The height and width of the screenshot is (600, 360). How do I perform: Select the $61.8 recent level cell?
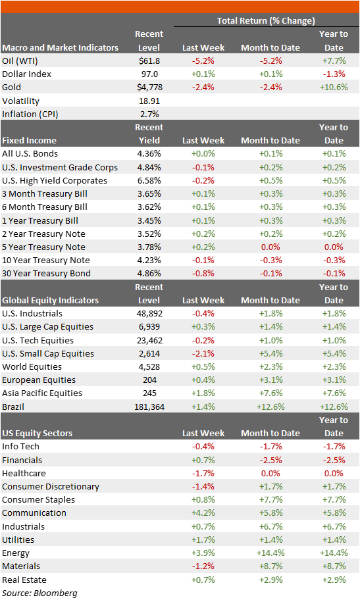(149, 61)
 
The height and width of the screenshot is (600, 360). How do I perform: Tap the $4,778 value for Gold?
(149, 87)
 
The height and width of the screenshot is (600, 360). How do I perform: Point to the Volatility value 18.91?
(149, 101)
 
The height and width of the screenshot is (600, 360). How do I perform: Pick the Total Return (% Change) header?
(266, 21)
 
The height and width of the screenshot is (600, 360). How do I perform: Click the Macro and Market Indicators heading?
(61, 47)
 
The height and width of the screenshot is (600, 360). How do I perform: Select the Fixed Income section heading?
(30, 140)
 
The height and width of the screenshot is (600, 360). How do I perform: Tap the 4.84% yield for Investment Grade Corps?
(149, 167)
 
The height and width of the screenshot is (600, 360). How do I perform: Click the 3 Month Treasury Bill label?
(45, 193)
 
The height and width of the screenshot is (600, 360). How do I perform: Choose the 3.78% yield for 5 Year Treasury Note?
(149, 247)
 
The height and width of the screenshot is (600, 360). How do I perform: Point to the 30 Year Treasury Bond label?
(47, 273)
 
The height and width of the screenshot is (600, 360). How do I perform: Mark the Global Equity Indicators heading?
(50, 300)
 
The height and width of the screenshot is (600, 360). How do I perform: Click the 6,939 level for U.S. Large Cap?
(149, 326)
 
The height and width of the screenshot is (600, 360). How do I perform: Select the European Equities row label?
(39, 380)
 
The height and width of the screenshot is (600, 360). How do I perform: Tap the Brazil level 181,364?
(149, 407)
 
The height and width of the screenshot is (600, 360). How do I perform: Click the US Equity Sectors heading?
(38, 433)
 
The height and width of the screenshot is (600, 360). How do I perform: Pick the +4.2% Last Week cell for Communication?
(203, 512)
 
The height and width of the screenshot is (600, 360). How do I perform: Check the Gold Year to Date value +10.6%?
(334, 87)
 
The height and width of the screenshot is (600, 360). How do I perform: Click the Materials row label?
(21, 566)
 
